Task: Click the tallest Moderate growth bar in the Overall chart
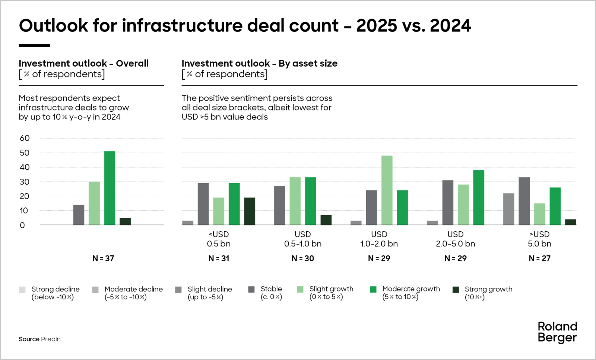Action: coord(110,188)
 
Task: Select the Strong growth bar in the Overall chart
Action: coord(125,222)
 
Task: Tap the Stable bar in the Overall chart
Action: coord(79,215)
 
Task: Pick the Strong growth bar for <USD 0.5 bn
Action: coord(250,211)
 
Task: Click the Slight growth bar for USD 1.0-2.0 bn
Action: coord(387,190)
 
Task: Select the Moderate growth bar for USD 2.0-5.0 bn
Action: coord(479,197)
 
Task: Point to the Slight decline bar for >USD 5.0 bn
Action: coord(508,209)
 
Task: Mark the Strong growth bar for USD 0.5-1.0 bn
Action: coord(326,220)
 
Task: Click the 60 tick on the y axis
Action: coord(25,138)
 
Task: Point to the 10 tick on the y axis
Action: coord(24,211)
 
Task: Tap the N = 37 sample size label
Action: coord(103,258)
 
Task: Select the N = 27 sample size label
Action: coord(539,258)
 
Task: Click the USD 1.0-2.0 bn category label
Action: coord(379,239)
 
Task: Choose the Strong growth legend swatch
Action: coord(456,290)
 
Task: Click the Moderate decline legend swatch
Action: coord(95,290)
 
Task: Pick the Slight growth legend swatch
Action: coord(300,290)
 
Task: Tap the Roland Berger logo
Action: coord(557,332)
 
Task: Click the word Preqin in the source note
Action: coord(51,339)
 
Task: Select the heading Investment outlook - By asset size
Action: coord(259,63)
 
